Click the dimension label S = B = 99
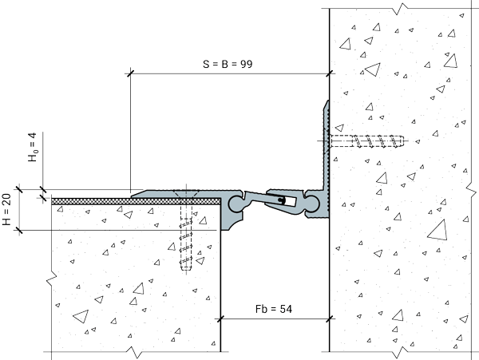point(228,64)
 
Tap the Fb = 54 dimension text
point(273,309)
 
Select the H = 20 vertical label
point(6,209)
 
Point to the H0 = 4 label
point(33,147)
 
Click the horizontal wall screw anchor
point(366,141)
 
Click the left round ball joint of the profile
point(236,204)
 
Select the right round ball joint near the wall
point(312,204)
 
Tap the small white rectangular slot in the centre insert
point(287,200)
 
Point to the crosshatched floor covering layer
point(136,201)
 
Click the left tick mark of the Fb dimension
point(220,319)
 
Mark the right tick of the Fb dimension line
point(329,319)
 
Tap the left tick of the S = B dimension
point(130,73)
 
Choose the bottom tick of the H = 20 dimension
point(19,230)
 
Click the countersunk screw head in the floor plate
point(186,194)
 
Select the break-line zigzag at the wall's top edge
point(400,9)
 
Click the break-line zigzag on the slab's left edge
point(51,279)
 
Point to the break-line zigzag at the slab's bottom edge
point(134,352)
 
